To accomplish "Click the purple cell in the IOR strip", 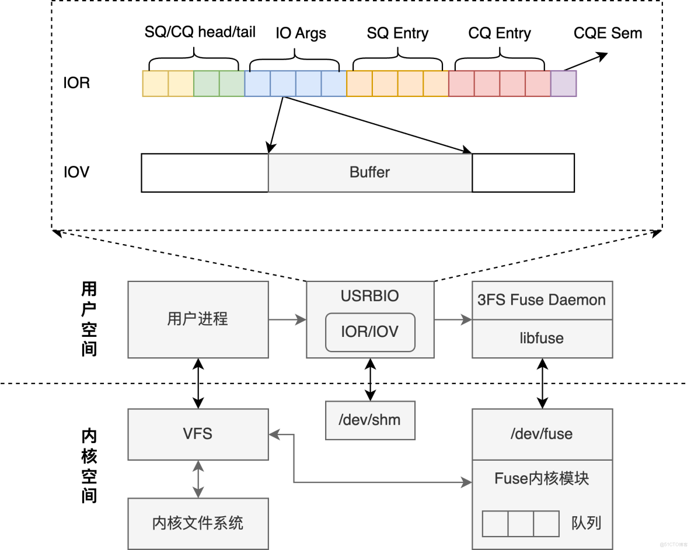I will (563, 83).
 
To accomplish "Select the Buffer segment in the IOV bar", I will (370, 173).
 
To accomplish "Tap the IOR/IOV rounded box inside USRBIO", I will (370, 332).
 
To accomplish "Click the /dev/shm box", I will (370, 420).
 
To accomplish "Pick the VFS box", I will (198, 434).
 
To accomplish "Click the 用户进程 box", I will (198, 319).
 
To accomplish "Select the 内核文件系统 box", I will (198, 523).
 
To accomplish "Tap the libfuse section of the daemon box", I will (542, 339).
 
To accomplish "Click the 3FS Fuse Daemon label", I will (542, 300).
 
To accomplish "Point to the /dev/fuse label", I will (542, 434).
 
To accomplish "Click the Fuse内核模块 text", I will (542, 478).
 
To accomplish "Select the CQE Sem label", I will (608, 33).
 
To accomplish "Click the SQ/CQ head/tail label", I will (200, 32).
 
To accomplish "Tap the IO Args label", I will (301, 33).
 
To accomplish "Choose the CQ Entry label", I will (500, 33).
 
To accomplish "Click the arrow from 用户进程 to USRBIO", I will (287, 319).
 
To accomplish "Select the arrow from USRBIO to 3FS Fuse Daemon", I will (453, 319).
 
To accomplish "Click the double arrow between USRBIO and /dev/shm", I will (370, 380).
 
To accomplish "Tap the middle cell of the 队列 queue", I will (521, 524).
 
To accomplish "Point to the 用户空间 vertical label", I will (89, 319).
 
